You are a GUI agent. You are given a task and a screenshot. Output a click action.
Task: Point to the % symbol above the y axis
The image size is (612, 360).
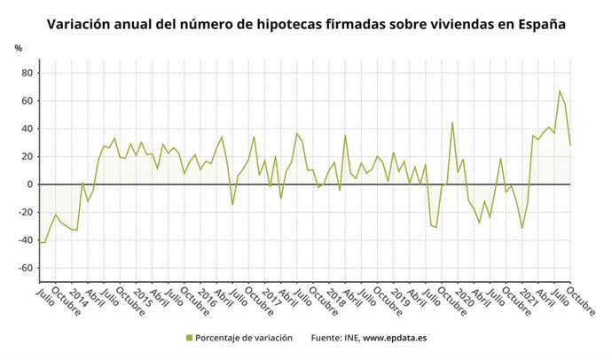18,48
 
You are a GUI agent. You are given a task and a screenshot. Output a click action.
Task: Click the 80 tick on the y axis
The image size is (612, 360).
26,73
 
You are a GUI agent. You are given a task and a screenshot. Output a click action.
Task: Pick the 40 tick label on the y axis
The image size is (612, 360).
26,129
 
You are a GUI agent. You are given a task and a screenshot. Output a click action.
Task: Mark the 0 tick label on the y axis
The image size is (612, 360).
29,184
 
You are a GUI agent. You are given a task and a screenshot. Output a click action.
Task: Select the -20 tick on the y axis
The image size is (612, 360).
24,212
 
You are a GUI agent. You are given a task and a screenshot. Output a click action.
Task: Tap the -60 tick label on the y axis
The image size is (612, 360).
24,268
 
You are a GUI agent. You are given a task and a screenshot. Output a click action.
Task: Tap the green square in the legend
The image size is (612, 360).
189,338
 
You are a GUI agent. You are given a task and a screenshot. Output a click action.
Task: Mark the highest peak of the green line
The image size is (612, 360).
559,90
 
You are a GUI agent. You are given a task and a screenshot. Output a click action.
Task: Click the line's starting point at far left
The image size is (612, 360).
40,241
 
